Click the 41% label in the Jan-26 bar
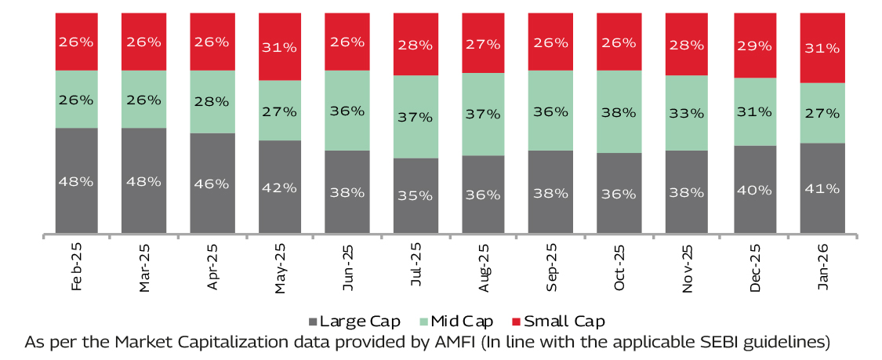(x=822, y=188)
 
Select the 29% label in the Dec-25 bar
(x=754, y=45)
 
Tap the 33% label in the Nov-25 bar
(x=687, y=113)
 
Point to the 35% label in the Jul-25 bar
(x=416, y=195)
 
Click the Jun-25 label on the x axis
(x=348, y=267)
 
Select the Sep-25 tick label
(x=551, y=267)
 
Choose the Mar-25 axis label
(x=144, y=267)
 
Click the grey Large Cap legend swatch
(x=314, y=322)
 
